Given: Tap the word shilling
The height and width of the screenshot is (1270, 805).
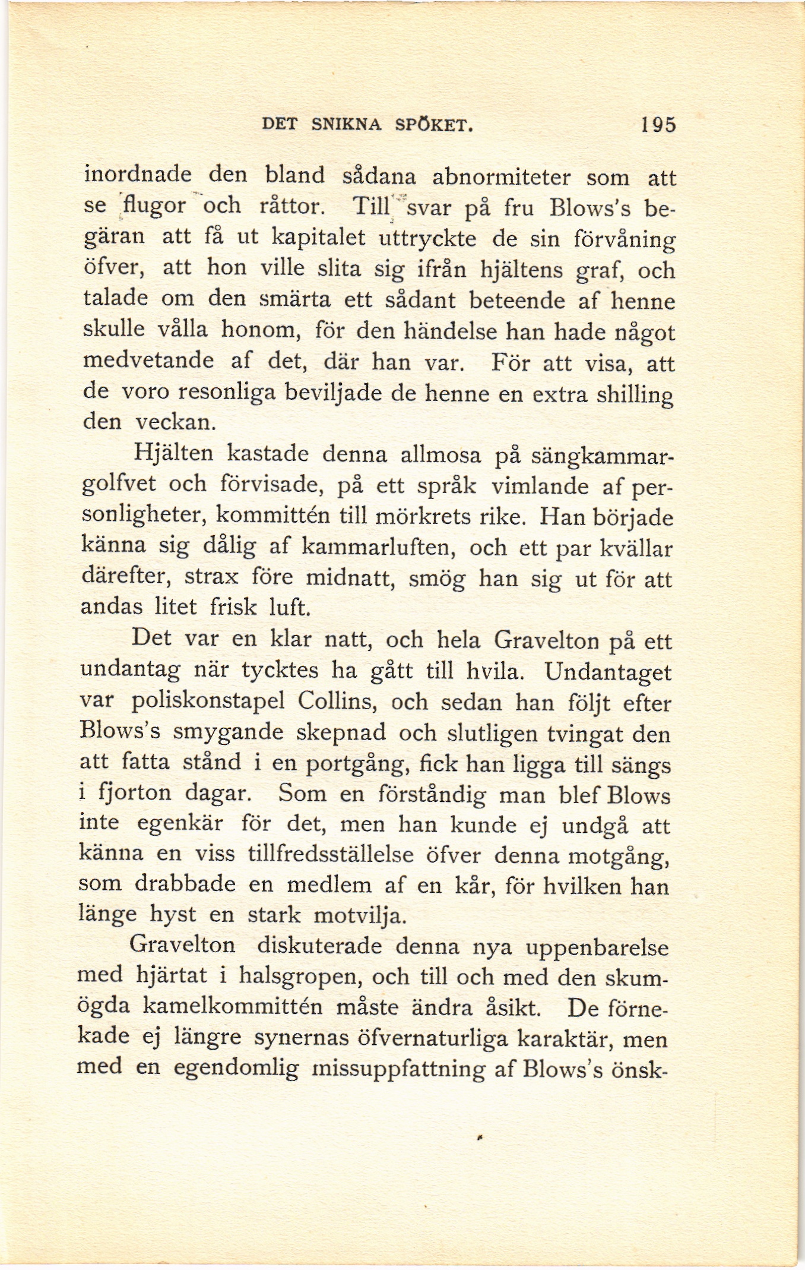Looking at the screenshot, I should (629, 394).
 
